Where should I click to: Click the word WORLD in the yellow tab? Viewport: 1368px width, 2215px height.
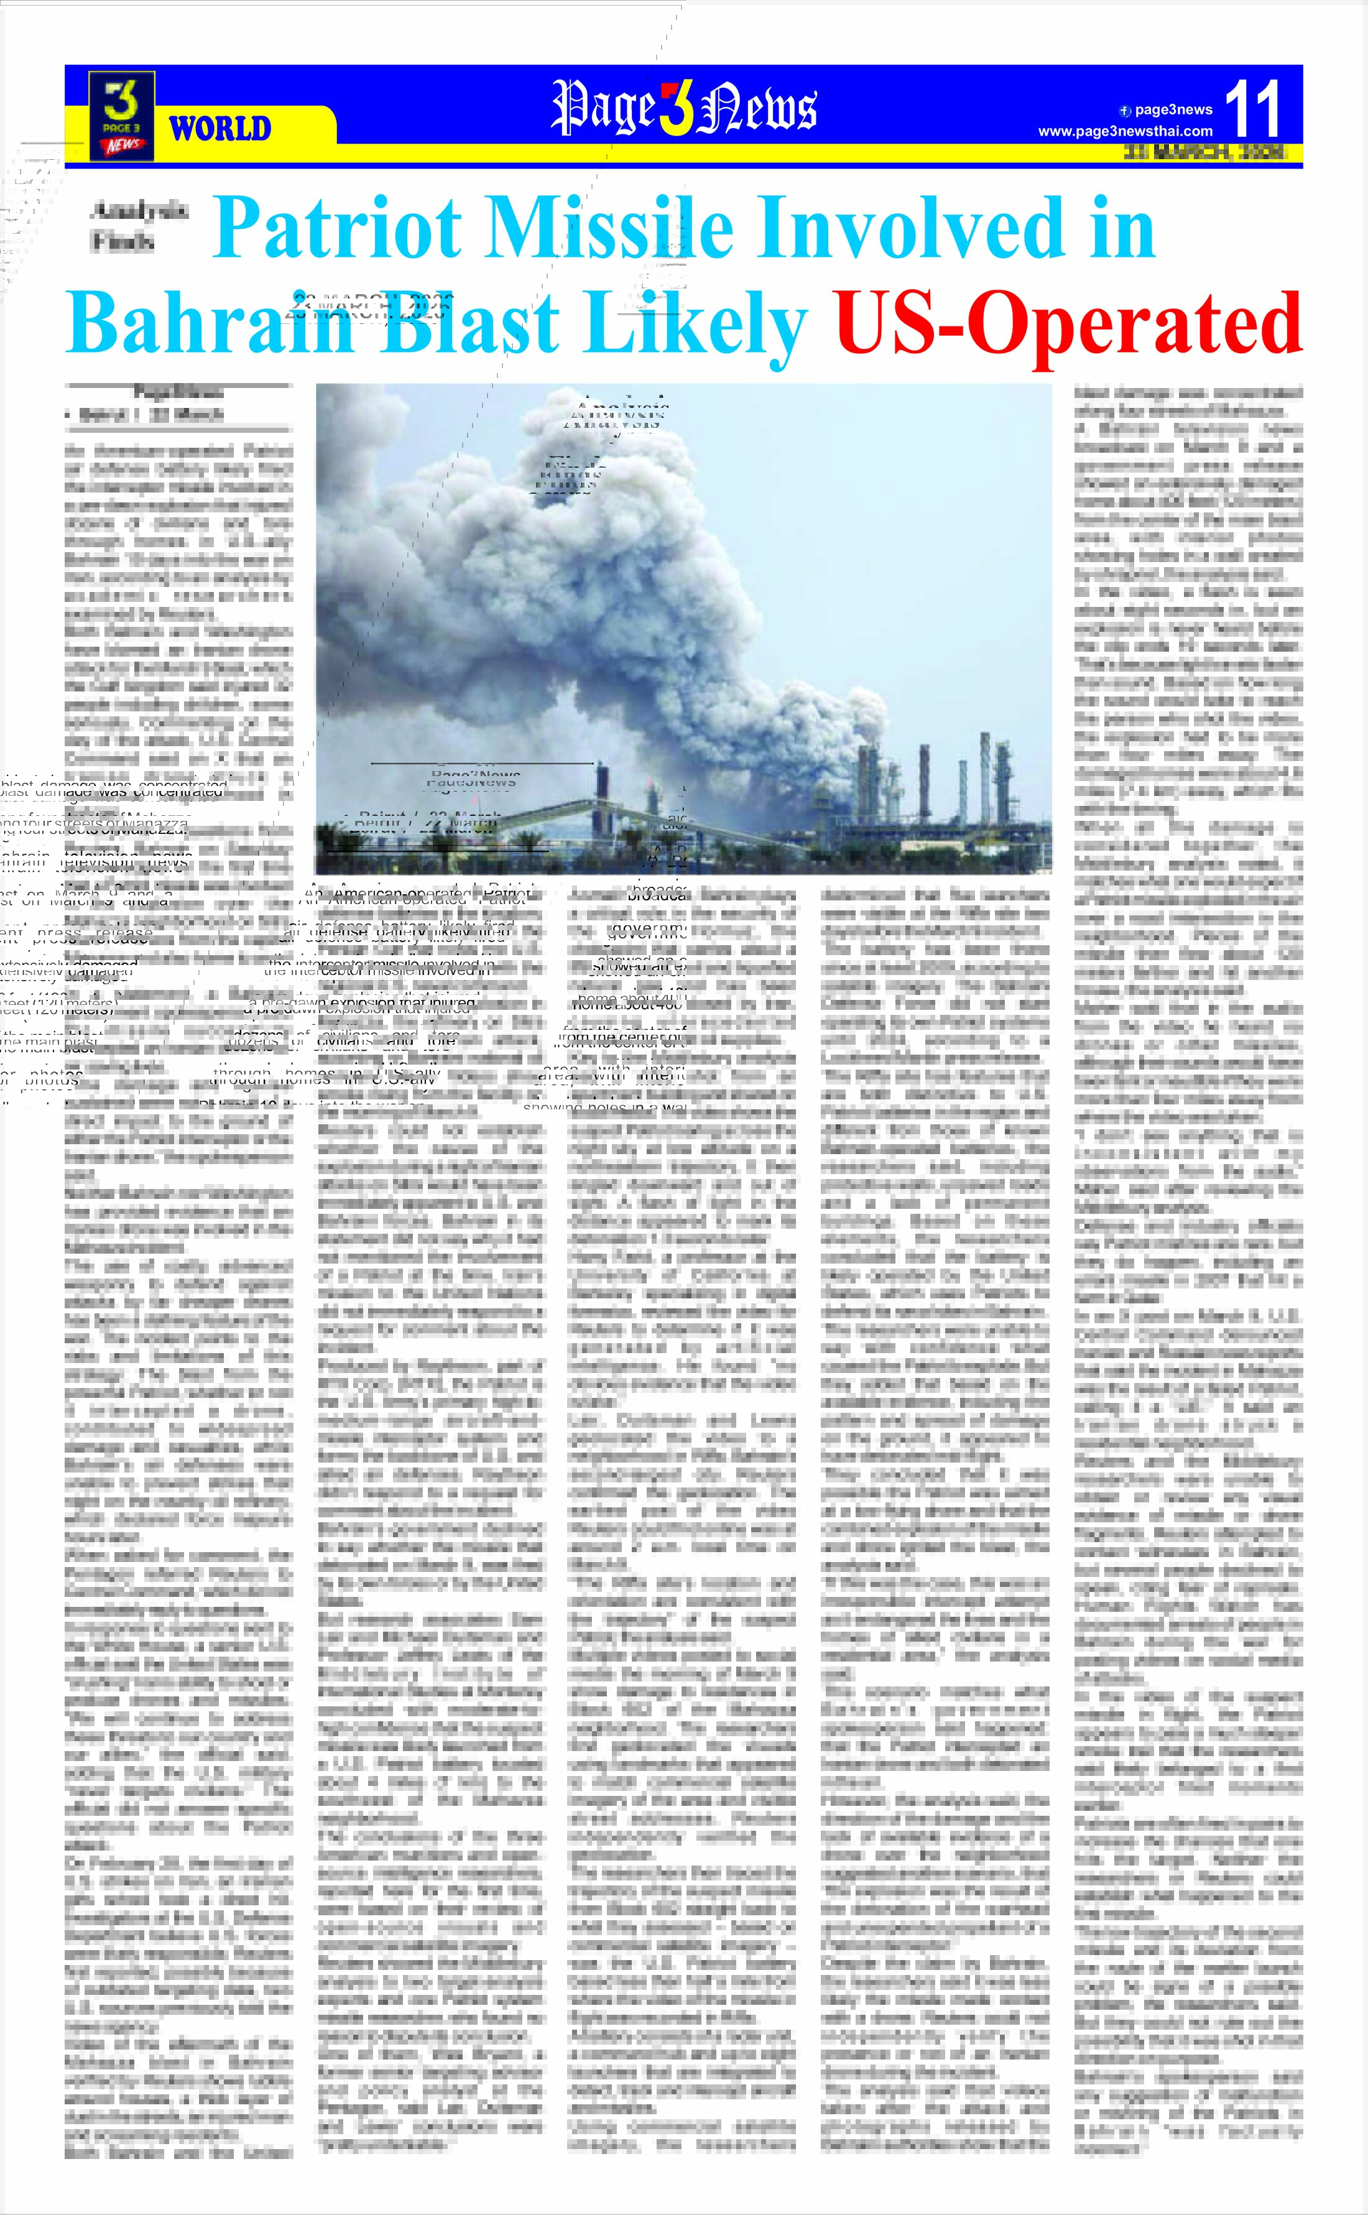coord(220,129)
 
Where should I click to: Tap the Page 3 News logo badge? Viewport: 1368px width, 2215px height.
coord(121,116)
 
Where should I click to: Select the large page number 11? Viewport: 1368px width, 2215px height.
coord(1252,109)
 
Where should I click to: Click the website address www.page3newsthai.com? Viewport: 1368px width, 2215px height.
coord(1125,131)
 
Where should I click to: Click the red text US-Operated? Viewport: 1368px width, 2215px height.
coord(1068,323)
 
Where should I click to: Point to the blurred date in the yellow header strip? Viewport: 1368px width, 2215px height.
coord(1203,152)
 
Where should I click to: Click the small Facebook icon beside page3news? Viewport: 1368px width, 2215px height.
coord(1125,111)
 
